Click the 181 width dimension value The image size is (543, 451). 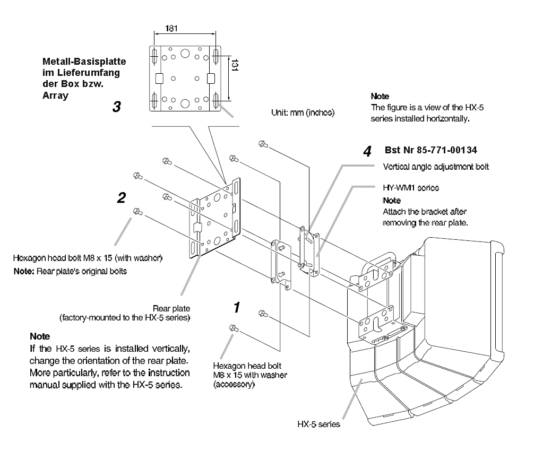(171, 28)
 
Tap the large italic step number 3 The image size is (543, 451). (116, 107)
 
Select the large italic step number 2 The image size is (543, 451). (121, 198)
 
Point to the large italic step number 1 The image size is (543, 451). (237, 307)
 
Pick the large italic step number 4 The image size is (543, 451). (367, 151)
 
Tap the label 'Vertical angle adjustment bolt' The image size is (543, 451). (435, 166)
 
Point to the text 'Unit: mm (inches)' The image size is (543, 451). (301, 112)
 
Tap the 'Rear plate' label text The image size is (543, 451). (171, 308)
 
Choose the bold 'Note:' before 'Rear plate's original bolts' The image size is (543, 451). (24, 271)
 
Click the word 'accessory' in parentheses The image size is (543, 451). (234, 385)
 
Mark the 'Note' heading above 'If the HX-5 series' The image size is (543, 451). (40, 336)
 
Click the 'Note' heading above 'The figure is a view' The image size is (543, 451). (380, 97)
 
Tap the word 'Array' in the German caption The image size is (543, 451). (55, 96)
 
